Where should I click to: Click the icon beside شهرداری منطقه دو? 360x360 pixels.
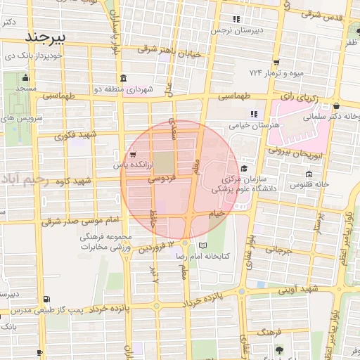(x=124, y=77)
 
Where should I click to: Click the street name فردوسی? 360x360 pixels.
(x=160, y=180)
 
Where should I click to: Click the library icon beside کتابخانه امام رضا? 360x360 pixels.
(x=203, y=245)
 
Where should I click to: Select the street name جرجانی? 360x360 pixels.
(x=278, y=250)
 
